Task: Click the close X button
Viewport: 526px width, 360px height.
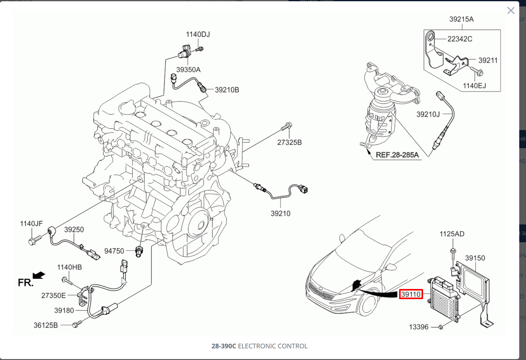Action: tap(511, 11)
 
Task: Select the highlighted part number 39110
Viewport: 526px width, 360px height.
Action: tap(411, 294)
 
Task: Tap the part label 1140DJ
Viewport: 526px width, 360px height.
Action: tap(198, 34)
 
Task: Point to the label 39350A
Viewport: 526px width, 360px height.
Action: tap(188, 70)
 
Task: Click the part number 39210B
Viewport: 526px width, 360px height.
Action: tap(227, 90)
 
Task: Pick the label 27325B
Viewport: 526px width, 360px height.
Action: tap(289, 142)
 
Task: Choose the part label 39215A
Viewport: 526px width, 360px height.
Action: tap(461, 19)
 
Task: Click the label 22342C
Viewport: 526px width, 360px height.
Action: tap(460, 39)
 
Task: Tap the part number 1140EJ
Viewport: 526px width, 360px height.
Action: tap(474, 86)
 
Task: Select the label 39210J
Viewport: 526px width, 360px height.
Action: tap(428, 114)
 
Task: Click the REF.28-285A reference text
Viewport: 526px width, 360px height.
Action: tap(397, 155)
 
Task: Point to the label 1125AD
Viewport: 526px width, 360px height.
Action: tap(452, 234)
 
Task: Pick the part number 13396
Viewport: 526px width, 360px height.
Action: tap(418, 327)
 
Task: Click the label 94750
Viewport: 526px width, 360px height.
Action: tap(114, 251)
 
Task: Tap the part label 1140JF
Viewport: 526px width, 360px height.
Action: tap(31, 224)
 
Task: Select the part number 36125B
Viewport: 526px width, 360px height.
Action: tap(46, 325)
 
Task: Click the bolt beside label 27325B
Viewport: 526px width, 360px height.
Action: tap(286, 126)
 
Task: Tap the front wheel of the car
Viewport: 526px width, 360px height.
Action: tap(367, 303)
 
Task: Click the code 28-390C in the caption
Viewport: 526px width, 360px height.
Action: tap(224, 346)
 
